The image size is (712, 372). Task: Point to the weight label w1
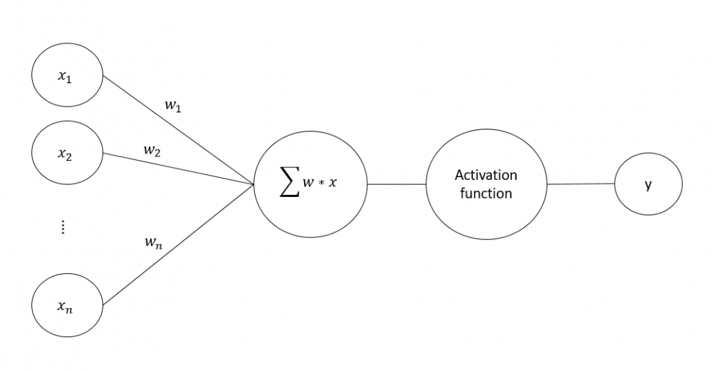172,105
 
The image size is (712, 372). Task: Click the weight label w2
152,150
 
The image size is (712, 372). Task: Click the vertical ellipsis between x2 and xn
63,227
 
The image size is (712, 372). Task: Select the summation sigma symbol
288,184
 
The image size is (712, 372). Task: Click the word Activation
486,175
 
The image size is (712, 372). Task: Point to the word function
486,193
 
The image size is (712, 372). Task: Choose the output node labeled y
648,184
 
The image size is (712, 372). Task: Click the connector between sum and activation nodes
397,184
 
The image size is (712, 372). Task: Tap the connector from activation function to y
580,184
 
